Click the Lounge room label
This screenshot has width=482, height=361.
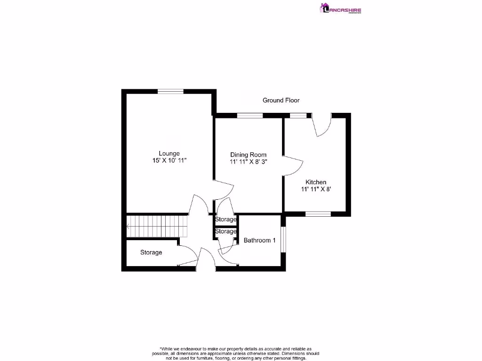pyautogui.click(x=169, y=153)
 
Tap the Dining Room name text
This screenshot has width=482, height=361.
pyautogui.click(x=248, y=155)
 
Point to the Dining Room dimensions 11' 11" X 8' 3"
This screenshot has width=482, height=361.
pyautogui.click(x=248, y=162)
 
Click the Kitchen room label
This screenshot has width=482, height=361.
pyautogui.click(x=316, y=182)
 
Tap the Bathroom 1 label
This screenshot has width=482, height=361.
pyautogui.click(x=259, y=240)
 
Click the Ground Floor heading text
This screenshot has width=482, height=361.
pyautogui.click(x=281, y=100)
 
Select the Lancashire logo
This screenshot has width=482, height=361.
pyautogui.click(x=341, y=9)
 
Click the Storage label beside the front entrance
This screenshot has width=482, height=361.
pyautogui.click(x=151, y=252)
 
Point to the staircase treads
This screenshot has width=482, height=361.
pyautogui.click(x=158, y=226)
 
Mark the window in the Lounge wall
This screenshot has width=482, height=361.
pyautogui.click(x=170, y=92)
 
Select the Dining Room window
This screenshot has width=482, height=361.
pyautogui.click(x=249, y=116)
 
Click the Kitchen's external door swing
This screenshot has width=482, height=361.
pyautogui.click(x=322, y=126)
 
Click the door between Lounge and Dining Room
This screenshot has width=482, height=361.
pyautogui.click(x=224, y=188)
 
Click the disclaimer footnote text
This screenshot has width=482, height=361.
pyautogui.click(x=236, y=353)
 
